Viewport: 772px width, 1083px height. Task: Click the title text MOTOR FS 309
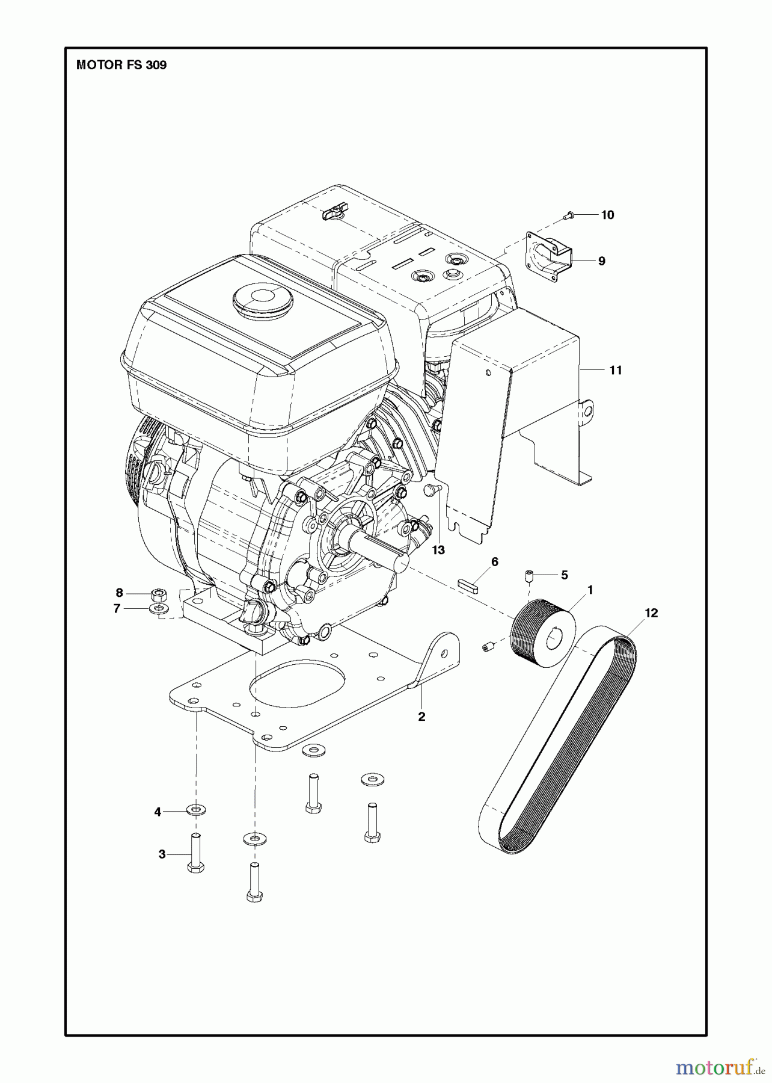pos(121,65)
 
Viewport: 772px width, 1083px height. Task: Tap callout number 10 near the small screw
pos(607,215)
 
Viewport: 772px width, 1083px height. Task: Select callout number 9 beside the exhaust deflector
pos(601,261)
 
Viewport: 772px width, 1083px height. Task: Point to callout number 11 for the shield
pos(615,370)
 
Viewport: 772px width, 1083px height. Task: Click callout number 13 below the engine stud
pos(438,550)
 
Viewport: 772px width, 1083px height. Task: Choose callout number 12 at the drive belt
pos(651,613)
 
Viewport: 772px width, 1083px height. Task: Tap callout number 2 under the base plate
pos(421,717)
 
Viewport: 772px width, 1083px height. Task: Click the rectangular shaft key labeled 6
pos(469,585)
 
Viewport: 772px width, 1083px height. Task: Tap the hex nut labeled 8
pos(159,594)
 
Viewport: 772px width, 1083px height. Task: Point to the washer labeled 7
pos(158,609)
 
